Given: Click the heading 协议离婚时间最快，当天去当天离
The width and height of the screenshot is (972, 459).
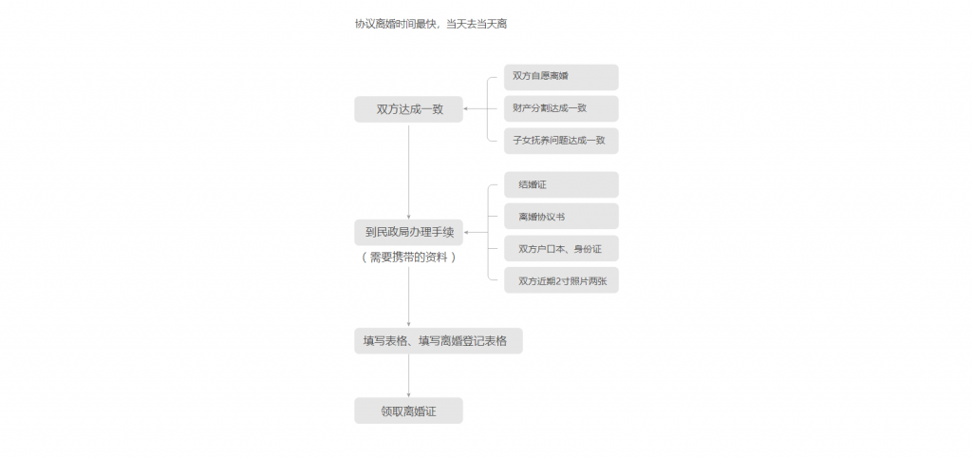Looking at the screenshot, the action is pos(431,24).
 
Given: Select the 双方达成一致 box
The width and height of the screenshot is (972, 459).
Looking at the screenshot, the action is pos(408,109).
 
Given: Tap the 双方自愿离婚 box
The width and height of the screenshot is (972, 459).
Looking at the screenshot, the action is pos(561,77).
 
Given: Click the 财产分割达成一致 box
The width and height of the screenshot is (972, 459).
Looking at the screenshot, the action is pos(561,108).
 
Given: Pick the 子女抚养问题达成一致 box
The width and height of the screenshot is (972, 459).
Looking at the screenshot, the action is pos(561,141).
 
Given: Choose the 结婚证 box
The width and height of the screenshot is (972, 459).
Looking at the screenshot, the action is pos(561,185).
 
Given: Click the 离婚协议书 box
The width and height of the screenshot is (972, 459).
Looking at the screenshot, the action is pos(561,217).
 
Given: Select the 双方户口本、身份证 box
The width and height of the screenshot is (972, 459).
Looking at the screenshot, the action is pos(561,249).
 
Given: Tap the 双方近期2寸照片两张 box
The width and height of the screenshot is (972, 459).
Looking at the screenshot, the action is pos(561,280).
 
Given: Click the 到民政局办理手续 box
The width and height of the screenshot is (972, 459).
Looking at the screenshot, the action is pos(408,233).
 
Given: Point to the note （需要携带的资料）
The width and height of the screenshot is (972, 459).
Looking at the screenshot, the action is pos(408,258).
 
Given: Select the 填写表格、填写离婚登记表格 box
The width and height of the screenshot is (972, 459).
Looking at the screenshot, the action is pos(439,341).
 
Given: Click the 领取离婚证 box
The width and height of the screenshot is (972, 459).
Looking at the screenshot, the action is pos(408,411).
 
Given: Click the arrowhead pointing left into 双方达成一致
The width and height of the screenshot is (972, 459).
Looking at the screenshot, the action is pos(466,109).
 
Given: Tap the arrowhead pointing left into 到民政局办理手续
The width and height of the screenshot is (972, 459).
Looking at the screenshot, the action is pos(466,233).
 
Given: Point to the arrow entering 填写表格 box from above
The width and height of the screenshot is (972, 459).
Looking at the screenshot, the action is pos(408,296).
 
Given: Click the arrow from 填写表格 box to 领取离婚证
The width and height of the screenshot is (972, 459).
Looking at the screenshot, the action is pos(408,376).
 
